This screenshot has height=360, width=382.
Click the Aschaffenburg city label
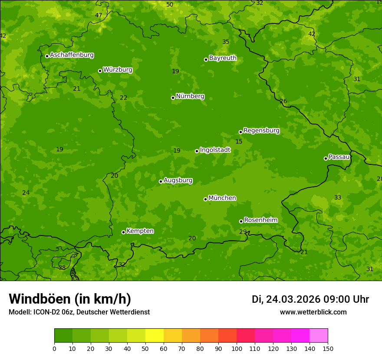point(72,55)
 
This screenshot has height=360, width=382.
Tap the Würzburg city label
point(118,70)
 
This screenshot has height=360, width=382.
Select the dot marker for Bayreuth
point(206,59)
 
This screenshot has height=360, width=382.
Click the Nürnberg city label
point(190,96)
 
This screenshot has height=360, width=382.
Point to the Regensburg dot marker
point(240,132)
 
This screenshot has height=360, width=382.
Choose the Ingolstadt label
point(215,150)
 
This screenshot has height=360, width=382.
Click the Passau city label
point(339,157)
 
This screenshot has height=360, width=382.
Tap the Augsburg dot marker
point(161,181)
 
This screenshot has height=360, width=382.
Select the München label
point(222,198)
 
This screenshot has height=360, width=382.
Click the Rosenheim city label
point(260,220)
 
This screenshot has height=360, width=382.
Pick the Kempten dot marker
point(123,232)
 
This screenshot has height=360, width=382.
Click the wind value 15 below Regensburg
point(239,141)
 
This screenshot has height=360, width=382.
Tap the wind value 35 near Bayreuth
point(226,42)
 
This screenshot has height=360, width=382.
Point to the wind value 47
point(99,15)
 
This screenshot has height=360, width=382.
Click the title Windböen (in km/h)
point(70,299)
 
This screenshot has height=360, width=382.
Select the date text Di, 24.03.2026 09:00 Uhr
point(310,299)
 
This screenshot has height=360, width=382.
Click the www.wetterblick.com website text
point(313,312)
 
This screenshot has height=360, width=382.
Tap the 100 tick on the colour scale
point(237,348)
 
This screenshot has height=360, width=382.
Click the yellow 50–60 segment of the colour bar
point(155,335)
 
